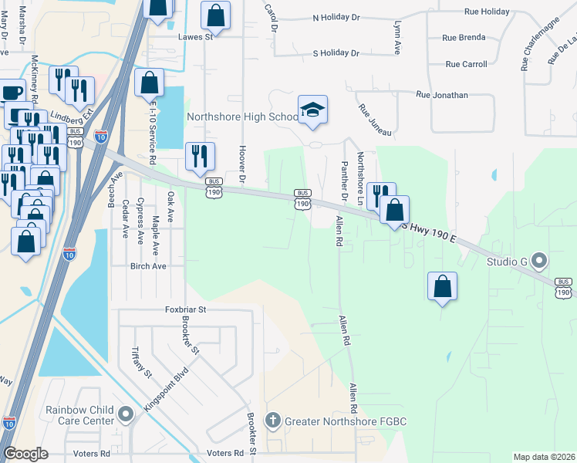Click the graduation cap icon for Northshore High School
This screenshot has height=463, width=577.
coord(312,110)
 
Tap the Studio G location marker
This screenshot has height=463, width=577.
coord(538,261)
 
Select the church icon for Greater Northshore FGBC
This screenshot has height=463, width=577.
coord(272,421)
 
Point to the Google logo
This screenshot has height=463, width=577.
coord(25,454)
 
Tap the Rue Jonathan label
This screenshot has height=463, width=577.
coord(441,95)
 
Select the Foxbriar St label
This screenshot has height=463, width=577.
coord(186,309)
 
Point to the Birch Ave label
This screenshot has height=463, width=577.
coord(149,266)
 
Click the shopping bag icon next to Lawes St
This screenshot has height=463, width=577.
coord(215,15)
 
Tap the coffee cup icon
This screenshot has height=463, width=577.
coord(11,93)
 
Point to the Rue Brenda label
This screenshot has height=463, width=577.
coord(464,37)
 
